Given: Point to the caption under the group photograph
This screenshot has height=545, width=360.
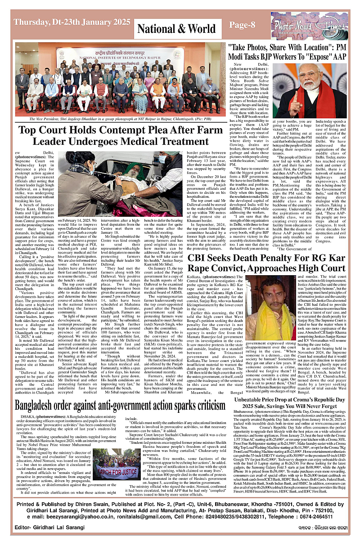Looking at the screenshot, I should pyautogui.click(x=120, y=119).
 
